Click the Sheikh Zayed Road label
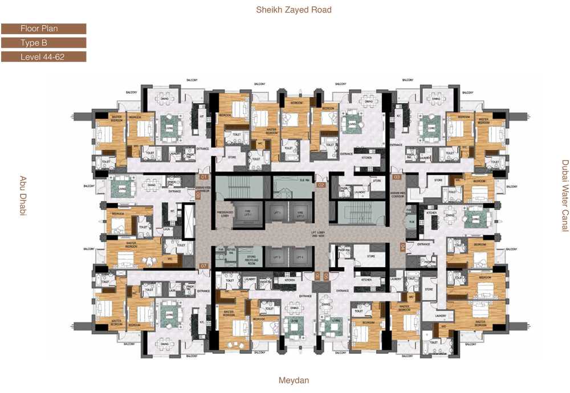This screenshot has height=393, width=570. click(x=294, y=10)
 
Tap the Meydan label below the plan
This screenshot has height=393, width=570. click(x=294, y=380)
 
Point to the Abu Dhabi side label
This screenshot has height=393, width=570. click(x=23, y=196)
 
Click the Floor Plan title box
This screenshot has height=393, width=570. click(x=43, y=28)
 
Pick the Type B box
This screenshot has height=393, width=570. click(x=43, y=43)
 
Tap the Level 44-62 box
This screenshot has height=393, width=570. click(x=43, y=57)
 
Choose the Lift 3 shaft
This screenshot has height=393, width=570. click(x=278, y=257)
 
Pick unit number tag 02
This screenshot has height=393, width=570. click(x=321, y=185)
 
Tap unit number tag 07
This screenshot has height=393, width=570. click(x=203, y=266)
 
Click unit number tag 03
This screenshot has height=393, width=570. click(x=396, y=178)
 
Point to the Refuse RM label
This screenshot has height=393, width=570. click(x=231, y=251)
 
